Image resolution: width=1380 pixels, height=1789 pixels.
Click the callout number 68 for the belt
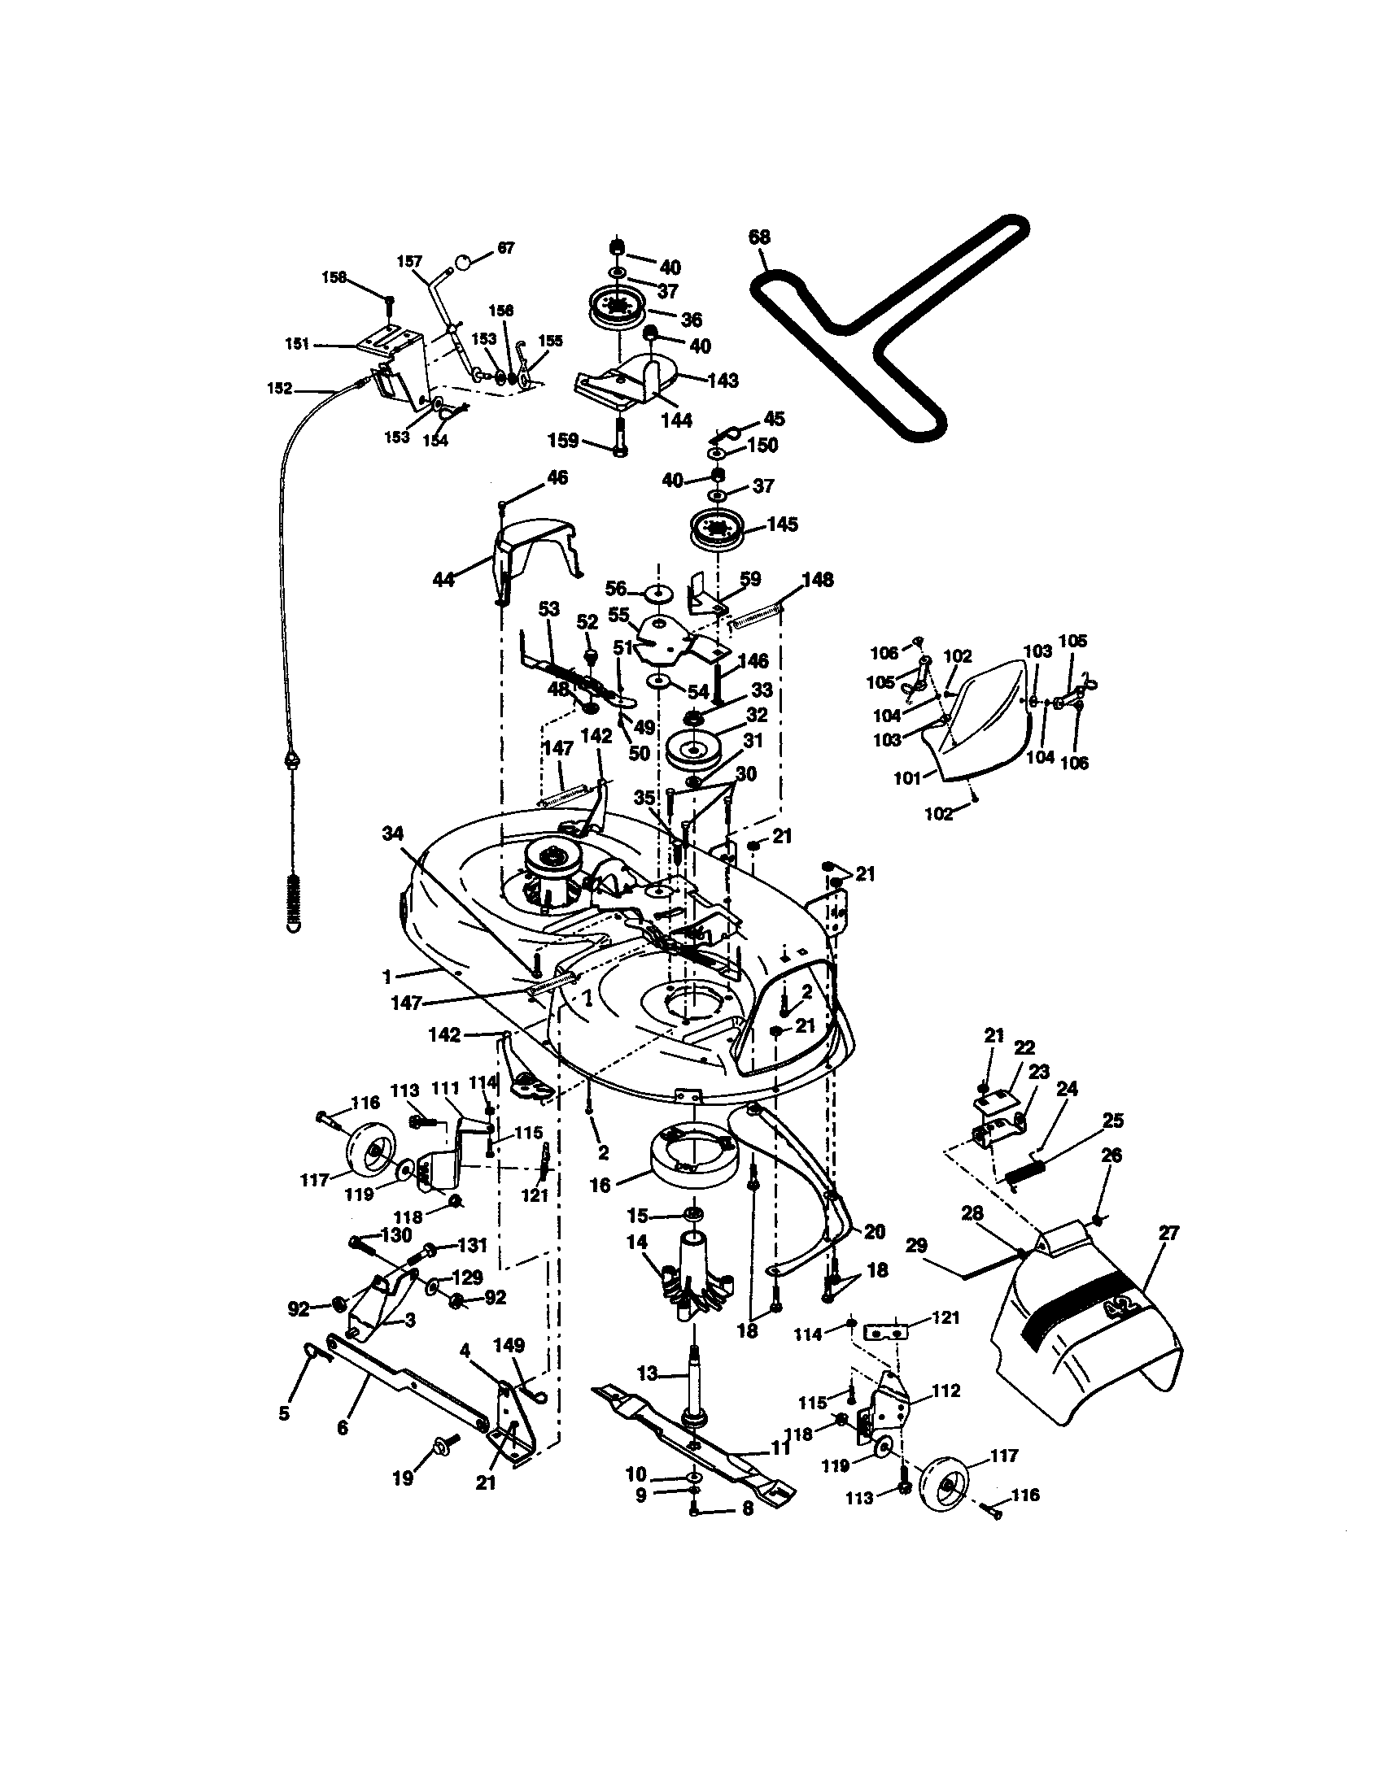[759, 237]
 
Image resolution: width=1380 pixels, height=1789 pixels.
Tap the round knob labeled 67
[463, 261]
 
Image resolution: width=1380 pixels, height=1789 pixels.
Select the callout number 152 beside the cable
[279, 388]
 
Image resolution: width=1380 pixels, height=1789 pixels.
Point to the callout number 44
[443, 581]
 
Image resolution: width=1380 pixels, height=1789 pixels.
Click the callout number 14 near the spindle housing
[637, 1243]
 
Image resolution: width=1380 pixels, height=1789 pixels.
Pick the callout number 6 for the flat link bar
[343, 1428]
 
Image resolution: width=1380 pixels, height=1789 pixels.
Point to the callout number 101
[907, 777]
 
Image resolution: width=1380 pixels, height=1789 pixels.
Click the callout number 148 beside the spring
[817, 579]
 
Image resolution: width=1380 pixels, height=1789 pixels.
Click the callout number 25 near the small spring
[1113, 1121]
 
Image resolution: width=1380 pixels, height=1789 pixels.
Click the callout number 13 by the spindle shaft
[648, 1373]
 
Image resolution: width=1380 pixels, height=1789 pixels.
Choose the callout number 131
[472, 1246]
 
